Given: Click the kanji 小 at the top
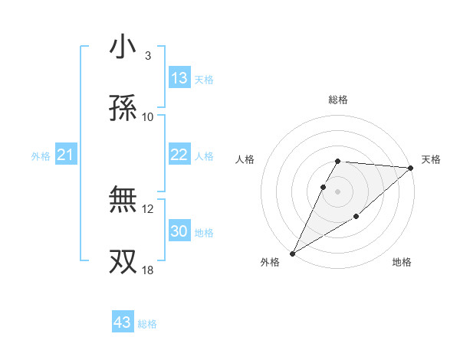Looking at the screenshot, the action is point(123,47).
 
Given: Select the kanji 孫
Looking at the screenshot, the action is point(123,108).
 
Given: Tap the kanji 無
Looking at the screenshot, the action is point(123,200).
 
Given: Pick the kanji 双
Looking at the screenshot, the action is point(123,261).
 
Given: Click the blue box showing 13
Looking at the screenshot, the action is point(179,78).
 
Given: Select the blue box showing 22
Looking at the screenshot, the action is point(179,155).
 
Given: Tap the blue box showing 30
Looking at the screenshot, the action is point(179,231).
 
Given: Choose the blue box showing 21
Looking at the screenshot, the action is point(66,155).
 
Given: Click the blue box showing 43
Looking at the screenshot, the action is point(123,322).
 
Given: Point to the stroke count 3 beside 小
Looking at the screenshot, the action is point(147,55).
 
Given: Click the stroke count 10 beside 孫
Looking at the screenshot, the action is point(148,116).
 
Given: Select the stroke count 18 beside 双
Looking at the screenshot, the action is point(148,270).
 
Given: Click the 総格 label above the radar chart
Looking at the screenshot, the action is point(338,100).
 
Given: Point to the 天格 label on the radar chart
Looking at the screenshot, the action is point(431,159).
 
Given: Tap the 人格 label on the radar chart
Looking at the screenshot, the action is point(245,159).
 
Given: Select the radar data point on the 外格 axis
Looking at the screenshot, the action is point(292,253).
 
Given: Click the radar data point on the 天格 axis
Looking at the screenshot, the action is point(411,168).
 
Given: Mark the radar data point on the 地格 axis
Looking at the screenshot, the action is point(356,218).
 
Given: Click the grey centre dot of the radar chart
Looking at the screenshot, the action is point(338,191).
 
